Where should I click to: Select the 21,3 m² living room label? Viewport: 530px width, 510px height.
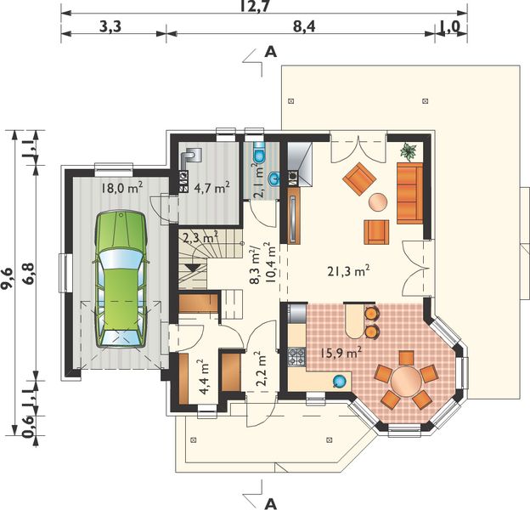[348, 271]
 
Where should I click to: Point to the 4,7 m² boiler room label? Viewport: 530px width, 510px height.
[212, 187]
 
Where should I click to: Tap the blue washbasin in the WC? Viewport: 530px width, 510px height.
[274, 178]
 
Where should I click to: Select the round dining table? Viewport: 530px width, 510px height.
[407, 382]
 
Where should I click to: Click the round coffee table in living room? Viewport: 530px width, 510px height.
[378, 202]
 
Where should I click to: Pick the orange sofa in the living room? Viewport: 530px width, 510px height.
[410, 193]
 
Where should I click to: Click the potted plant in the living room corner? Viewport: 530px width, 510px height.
[409, 151]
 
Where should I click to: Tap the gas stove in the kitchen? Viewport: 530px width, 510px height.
[296, 357]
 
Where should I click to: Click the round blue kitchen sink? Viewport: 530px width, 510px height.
[339, 381]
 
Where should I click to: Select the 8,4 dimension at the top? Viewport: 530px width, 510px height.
[304, 26]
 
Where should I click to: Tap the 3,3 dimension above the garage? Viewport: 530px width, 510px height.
[110, 26]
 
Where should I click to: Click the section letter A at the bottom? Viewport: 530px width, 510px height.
[270, 503]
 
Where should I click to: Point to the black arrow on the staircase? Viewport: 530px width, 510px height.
[192, 268]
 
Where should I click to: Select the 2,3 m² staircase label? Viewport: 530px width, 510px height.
[200, 238]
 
